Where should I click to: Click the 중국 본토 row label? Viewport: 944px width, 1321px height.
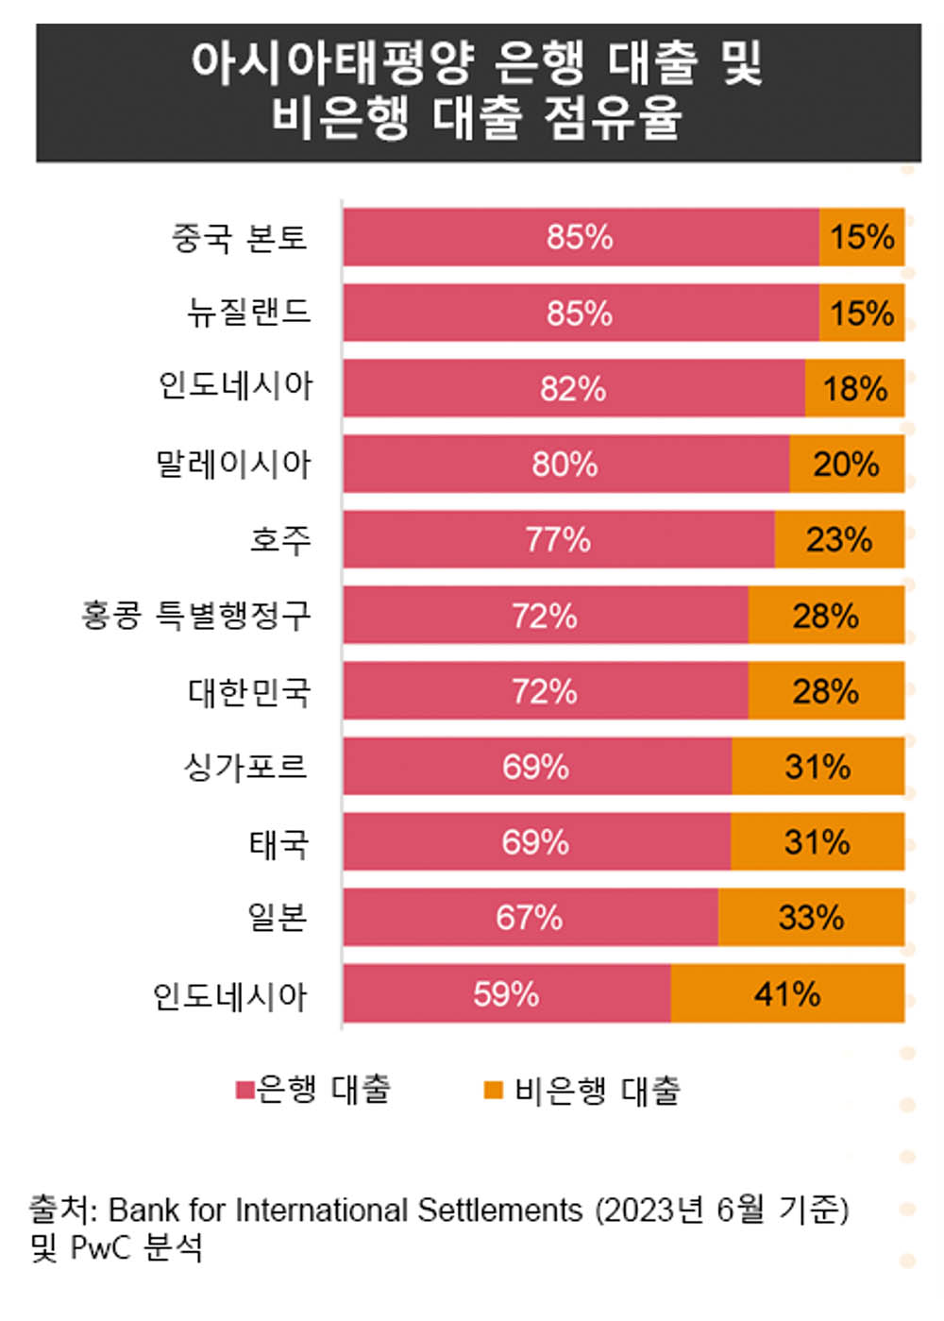tap(240, 237)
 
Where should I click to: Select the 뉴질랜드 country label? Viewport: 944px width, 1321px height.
tap(249, 313)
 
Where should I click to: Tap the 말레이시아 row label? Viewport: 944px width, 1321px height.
tap(233, 464)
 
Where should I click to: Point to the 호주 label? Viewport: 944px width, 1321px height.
tap(279, 540)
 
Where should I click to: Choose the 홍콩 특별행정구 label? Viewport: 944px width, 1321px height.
tap(195, 616)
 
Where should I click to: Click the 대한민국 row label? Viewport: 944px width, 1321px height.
tap(249, 692)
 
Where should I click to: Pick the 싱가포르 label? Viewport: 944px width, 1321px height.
tap(245, 766)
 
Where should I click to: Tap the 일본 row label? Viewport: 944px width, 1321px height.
tap(277, 917)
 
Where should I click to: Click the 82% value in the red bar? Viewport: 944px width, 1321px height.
tap(572, 389)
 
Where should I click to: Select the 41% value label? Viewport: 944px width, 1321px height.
tap(787, 993)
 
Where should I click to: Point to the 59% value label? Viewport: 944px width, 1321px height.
tap(506, 993)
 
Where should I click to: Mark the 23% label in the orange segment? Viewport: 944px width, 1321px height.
tap(838, 540)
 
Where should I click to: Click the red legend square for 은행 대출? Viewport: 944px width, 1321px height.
tap(244, 1091)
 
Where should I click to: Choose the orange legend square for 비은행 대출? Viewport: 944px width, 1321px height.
tap(493, 1091)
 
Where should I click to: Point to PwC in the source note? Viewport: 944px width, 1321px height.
tap(102, 1248)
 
